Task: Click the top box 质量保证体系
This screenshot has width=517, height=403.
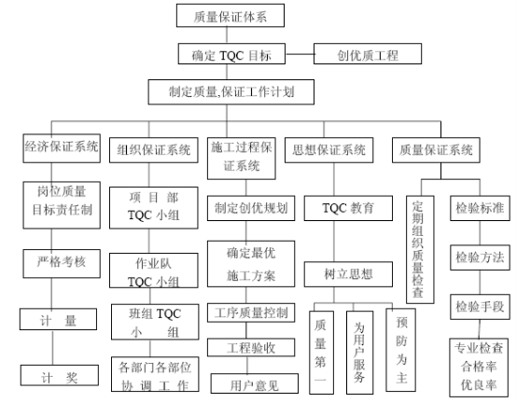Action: point(231,16)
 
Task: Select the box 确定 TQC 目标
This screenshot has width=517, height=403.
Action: point(231,54)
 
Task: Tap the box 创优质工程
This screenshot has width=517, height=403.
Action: point(368,54)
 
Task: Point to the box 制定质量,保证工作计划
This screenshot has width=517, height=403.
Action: point(231,92)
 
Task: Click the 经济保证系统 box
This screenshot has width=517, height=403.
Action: point(62,148)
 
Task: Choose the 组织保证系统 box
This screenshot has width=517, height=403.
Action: point(154,150)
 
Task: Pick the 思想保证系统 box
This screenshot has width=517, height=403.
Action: point(328,150)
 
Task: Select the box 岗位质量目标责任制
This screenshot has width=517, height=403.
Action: point(62,205)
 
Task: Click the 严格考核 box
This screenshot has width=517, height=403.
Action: point(62,264)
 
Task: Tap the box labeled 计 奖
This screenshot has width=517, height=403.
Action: point(60,375)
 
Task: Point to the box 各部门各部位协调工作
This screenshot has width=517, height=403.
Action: point(155,374)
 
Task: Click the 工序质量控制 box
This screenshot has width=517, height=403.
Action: point(251,313)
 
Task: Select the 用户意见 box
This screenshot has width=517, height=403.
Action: point(255,383)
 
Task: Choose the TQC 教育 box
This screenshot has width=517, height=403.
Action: point(348,208)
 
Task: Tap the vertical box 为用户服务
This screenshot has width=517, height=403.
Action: point(359,353)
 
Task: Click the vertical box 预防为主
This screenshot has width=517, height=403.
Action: point(401,350)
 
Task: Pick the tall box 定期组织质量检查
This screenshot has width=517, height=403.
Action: point(420,249)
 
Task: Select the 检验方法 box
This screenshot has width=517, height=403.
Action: point(480,257)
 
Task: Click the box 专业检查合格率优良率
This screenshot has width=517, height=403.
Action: point(479,367)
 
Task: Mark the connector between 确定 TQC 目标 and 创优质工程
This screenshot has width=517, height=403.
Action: point(300,54)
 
